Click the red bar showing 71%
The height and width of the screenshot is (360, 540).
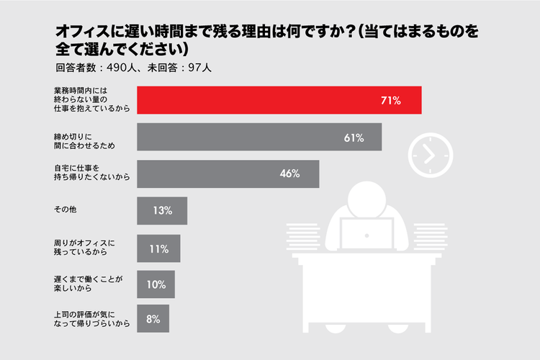click(279, 100)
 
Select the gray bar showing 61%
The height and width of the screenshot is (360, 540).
click(259, 137)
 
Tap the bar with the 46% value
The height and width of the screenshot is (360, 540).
click(228, 174)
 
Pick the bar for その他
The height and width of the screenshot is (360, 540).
click(162, 211)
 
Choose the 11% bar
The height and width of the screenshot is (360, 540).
click(158, 248)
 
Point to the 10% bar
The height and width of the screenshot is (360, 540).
click(156, 284)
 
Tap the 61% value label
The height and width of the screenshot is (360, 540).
click(354, 137)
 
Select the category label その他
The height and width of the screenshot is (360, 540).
click(66, 211)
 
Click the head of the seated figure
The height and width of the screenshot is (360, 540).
click(368, 194)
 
